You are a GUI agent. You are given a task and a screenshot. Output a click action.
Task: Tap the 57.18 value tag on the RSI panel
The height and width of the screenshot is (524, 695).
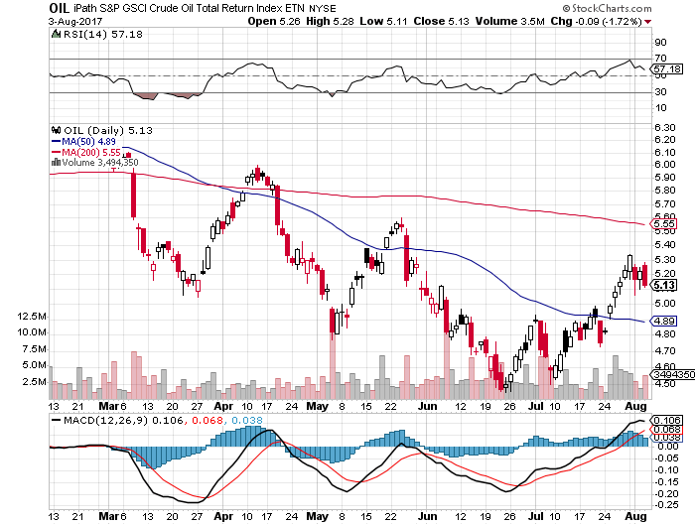pos(665,69)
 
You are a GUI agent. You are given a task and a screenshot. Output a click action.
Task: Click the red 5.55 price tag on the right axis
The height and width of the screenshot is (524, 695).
pos(665,224)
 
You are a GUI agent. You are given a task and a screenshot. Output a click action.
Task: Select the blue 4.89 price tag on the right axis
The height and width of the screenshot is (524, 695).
pos(665,321)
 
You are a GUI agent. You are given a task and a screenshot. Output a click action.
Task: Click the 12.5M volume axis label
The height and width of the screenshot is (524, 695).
pos(32,317)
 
